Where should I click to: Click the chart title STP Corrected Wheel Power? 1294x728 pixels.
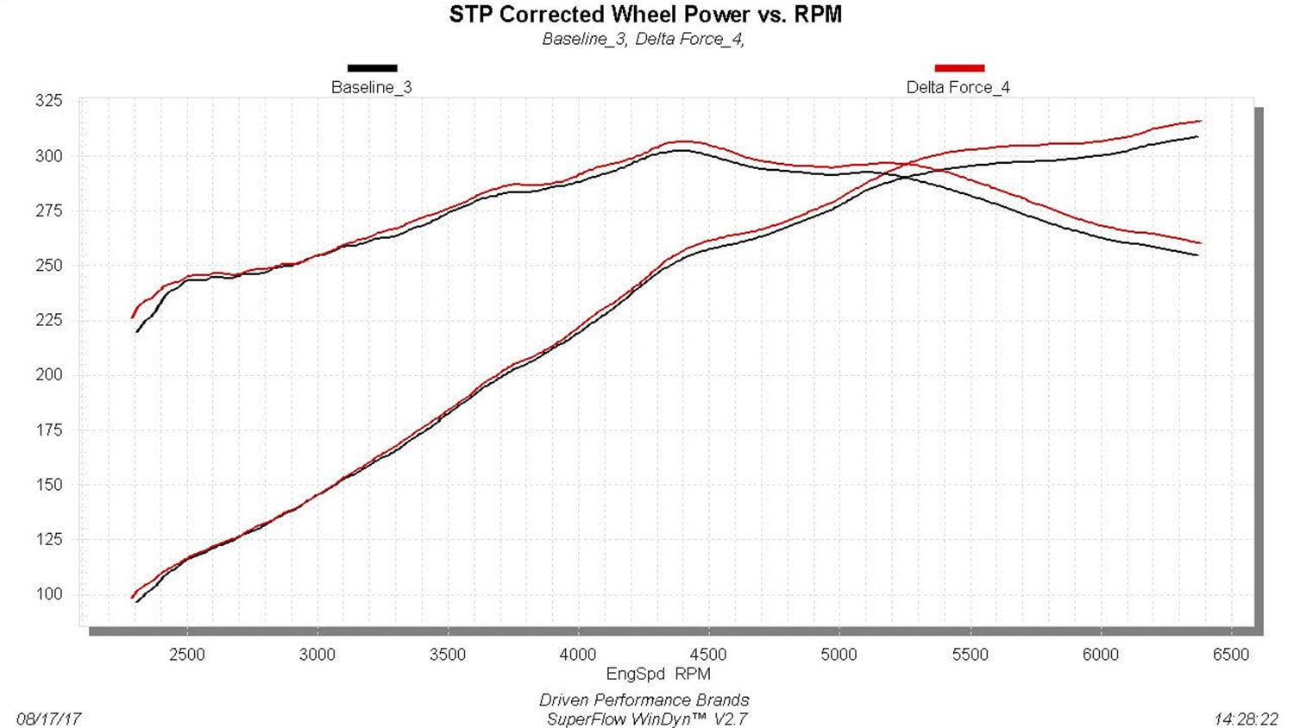pos(645,15)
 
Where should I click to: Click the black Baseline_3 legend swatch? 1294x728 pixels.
pos(372,68)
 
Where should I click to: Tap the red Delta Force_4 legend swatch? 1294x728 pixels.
pos(958,68)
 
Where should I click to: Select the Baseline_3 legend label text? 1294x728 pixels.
pos(371,87)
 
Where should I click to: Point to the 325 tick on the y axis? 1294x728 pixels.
pos(48,101)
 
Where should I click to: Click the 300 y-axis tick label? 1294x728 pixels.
pos(48,156)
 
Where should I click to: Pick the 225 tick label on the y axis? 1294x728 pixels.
pos(48,320)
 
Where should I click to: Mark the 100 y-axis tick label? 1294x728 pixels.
pos(48,593)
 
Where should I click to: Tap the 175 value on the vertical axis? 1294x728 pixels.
pos(48,430)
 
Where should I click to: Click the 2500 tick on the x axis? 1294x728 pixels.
pos(186,655)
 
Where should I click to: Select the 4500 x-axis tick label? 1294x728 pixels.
pos(708,655)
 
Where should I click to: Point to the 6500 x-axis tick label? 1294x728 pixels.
pos(1230,655)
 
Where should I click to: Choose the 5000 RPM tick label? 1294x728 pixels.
pos(839,655)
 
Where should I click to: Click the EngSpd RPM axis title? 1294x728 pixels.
pos(658,674)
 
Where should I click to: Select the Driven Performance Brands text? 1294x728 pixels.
pos(644,700)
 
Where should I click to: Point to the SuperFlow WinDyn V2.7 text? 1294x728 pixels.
pos(646,719)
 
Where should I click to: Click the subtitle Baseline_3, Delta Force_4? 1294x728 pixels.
pos(643,39)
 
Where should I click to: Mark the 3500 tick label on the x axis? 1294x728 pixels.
pos(447,655)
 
